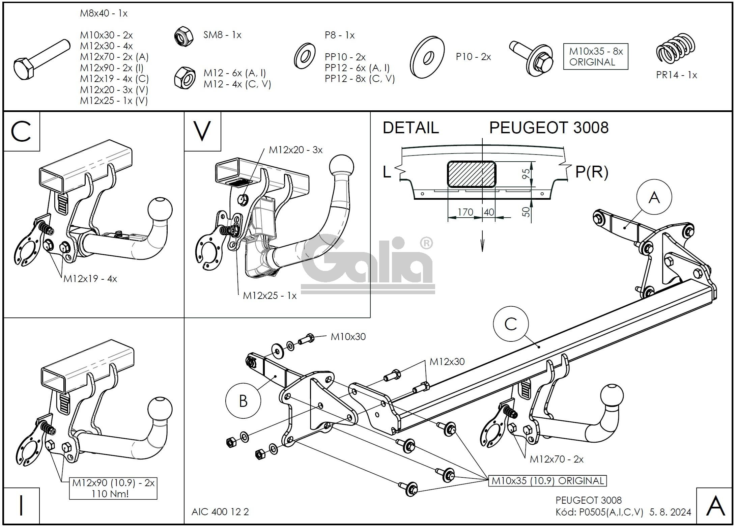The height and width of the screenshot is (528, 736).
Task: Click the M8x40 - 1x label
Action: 104,13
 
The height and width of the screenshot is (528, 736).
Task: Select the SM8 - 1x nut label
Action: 222,35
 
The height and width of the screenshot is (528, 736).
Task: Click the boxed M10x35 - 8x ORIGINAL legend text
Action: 596,57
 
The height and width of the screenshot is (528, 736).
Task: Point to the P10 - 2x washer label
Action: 473,57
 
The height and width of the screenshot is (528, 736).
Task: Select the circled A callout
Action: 654,197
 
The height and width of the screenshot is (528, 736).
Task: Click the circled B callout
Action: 243,401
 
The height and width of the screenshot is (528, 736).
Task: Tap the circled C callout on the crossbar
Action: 511,324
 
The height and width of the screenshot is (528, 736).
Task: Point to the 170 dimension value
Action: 465,212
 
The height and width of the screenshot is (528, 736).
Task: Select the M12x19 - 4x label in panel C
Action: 90,279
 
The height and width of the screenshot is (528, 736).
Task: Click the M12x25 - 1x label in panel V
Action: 270,296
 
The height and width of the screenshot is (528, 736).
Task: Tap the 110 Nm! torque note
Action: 110,494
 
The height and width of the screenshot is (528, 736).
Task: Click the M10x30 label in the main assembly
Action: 348,337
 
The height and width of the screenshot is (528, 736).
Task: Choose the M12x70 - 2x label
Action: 557,459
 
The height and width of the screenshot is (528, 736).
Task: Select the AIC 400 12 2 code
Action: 220,512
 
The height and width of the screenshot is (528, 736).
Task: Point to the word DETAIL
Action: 411,128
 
